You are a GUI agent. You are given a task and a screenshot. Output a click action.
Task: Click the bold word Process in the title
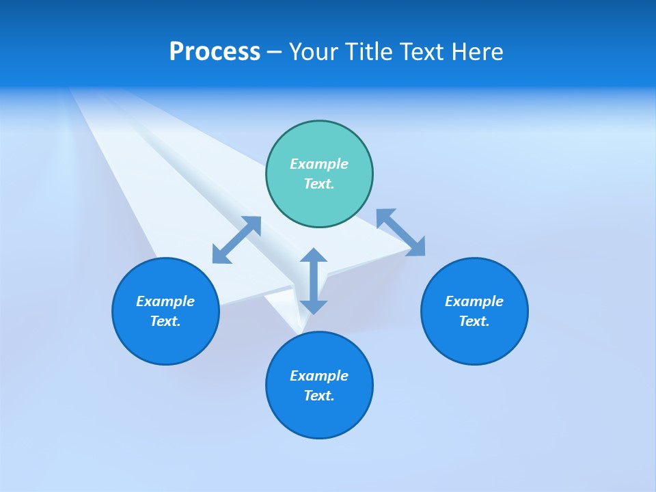215,52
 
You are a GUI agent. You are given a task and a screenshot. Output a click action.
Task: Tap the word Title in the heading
368,52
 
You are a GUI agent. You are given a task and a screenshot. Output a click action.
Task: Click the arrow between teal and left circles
236,240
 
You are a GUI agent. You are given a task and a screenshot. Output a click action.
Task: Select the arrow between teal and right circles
400,232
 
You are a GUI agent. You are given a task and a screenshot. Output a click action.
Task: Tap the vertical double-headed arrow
314,281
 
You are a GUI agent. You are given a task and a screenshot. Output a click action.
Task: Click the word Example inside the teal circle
319,164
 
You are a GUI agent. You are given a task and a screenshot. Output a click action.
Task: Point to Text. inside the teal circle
319,184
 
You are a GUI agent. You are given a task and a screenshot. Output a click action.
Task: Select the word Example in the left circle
165,301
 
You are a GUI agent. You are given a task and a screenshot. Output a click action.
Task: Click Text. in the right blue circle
474,321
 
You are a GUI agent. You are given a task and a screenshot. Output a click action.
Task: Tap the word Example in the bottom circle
319,376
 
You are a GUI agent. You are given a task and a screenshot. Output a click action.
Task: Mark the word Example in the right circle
474,301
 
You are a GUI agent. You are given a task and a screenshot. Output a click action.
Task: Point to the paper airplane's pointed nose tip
299,333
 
